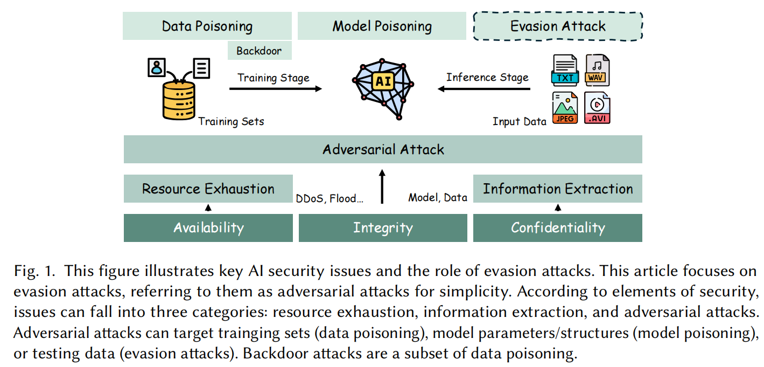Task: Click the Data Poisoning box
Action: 207,26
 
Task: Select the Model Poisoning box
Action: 382,26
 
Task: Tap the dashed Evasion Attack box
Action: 558,26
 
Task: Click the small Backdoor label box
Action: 260,51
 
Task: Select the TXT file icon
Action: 565,70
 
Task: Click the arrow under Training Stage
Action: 275,88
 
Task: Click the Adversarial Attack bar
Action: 383,149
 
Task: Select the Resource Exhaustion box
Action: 208,189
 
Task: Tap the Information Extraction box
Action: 558,189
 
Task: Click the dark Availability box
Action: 208,228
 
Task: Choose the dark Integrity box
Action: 383,228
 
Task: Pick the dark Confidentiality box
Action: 558,228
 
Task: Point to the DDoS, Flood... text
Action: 330,198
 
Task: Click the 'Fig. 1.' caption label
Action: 32,271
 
